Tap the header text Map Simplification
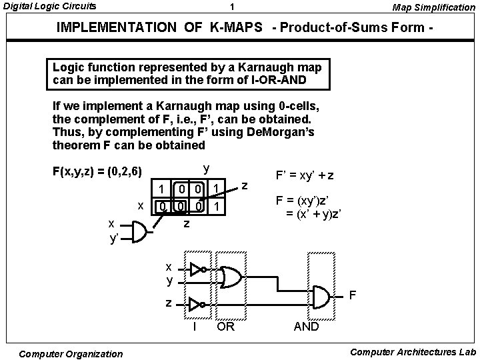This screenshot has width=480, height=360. pos(434,7)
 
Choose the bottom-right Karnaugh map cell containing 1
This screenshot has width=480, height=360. pos(217,207)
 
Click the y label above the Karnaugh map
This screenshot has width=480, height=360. pos(206,167)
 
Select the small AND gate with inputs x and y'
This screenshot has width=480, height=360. pos(138,232)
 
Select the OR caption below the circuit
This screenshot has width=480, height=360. pos(227,327)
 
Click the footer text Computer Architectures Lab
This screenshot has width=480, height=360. pos(413,352)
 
